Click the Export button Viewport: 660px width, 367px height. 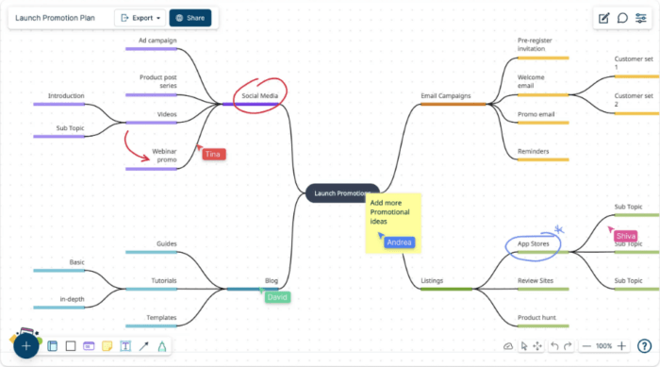(139, 17)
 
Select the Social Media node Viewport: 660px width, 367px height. (259, 95)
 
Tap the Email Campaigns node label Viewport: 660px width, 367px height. (445, 95)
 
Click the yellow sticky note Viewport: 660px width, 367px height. (393, 222)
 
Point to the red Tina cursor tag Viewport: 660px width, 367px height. (213, 154)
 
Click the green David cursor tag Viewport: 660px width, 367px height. (277, 297)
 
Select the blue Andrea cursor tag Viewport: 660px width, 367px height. (399, 242)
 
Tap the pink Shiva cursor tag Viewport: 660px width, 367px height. (625, 236)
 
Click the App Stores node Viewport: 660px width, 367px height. (533, 244)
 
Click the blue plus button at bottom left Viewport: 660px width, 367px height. (26, 345)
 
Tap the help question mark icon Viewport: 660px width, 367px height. (644, 346)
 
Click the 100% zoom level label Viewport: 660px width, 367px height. (603, 346)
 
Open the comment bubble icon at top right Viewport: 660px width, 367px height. (622, 18)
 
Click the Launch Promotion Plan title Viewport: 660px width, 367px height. (55, 17)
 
